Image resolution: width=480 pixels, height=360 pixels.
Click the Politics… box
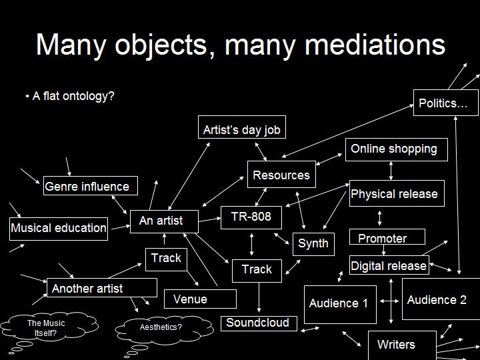click(446, 103)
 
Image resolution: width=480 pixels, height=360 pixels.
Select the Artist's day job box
click(242, 127)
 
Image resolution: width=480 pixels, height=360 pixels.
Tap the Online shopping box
click(397, 149)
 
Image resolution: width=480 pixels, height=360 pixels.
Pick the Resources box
click(281, 174)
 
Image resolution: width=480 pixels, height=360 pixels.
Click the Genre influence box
click(90, 185)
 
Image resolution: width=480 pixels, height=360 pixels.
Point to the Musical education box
click(59, 229)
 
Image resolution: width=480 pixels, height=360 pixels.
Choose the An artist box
click(164, 221)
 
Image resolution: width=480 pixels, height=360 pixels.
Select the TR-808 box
click(251, 217)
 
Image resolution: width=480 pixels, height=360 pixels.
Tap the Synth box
click(313, 244)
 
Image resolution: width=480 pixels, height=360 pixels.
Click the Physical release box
click(397, 193)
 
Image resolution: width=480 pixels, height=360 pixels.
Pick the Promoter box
click(387, 237)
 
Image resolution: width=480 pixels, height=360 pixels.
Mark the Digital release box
click(389, 265)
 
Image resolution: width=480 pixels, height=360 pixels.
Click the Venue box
click(200, 299)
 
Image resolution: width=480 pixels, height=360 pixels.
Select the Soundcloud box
click(259, 323)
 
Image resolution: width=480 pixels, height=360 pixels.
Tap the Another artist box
click(101, 288)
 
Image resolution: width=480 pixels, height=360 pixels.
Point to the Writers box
click(402, 345)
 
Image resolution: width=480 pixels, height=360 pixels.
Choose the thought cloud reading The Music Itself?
click(49, 327)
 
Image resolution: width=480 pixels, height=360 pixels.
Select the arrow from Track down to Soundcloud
click(259, 297)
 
